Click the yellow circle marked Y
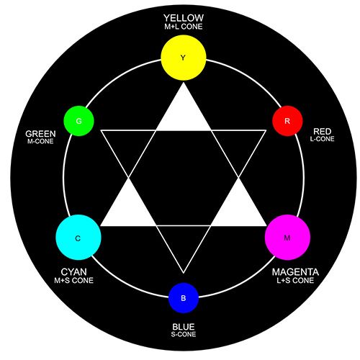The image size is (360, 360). (184, 58)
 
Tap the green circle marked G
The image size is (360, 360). (78, 121)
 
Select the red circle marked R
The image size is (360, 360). (287, 121)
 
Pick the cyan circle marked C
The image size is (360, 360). (78, 238)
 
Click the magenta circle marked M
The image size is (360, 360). (287, 238)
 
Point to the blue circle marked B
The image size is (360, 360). (184, 298)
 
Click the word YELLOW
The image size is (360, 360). (184, 18)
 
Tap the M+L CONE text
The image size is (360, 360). (184, 27)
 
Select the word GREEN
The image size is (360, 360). (40, 134)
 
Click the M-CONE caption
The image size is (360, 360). (40, 141)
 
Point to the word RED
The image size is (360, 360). (323, 132)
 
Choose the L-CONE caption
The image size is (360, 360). (322, 139)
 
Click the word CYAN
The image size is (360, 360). (73, 272)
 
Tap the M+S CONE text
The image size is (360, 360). (73, 280)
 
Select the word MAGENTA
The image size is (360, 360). (295, 272)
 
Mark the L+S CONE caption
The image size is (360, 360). (295, 280)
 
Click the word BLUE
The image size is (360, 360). (184, 327)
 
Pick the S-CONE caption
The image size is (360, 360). (184, 334)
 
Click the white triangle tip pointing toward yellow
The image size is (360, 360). (184, 83)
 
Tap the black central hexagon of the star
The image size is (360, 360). (184, 178)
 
